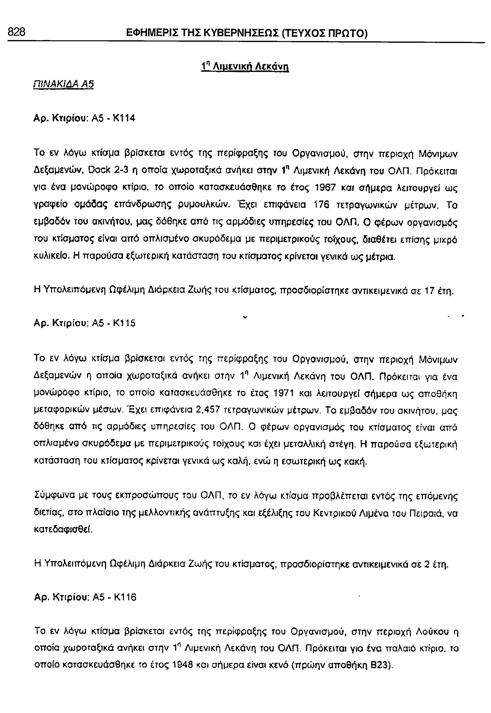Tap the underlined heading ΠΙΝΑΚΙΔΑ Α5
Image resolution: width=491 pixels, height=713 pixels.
coord(63,84)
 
